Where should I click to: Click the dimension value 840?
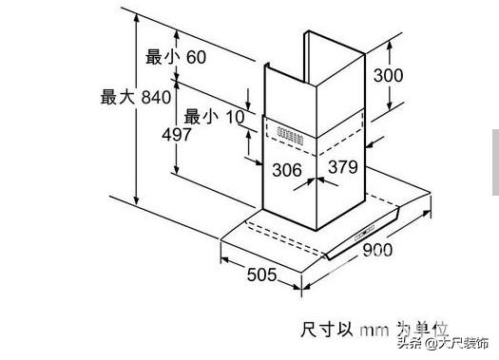click(x=155, y=97)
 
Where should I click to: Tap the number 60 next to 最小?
click(x=196, y=58)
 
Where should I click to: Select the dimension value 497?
click(x=178, y=135)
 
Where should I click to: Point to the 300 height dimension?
click(x=388, y=75)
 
